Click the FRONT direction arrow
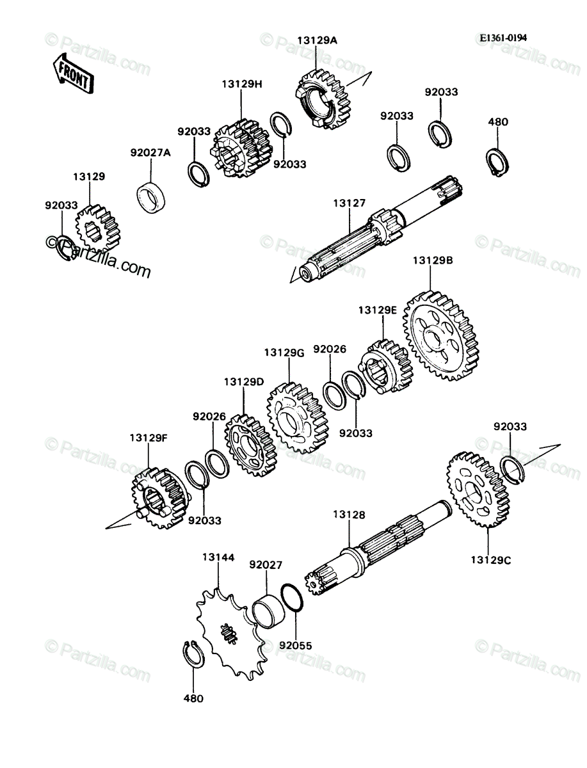tap(74, 74)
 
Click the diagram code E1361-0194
tap(503, 38)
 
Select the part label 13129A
tap(318, 40)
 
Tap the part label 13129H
tap(242, 84)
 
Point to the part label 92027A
tap(151, 152)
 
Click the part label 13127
tap(349, 203)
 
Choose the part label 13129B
tap(433, 260)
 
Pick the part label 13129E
tap(378, 310)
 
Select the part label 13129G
tap(284, 353)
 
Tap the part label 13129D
tap(244, 381)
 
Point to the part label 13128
tap(349, 515)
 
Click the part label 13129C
tap(491, 560)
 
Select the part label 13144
tap(218, 557)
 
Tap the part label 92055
tap(295, 646)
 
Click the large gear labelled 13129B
tap(440, 335)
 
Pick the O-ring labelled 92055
tap(292, 598)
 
